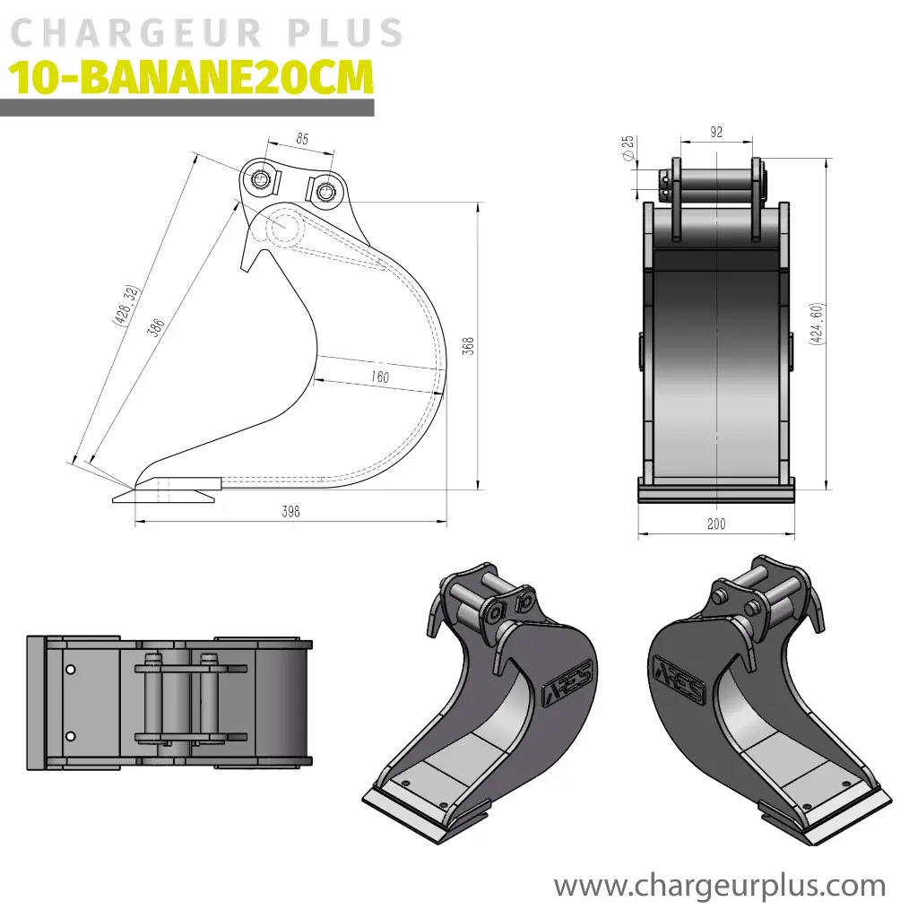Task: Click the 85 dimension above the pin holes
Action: click(302, 139)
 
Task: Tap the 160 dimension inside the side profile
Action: click(380, 377)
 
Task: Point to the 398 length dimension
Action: click(290, 512)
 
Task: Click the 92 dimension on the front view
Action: click(716, 133)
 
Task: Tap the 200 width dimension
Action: click(716, 524)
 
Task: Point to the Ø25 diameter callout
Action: click(628, 148)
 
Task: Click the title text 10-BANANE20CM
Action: click(190, 79)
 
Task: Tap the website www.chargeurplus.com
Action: click(719, 887)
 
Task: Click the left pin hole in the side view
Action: click(261, 179)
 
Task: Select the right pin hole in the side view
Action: click(325, 189)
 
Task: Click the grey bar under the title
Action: click(186, 108)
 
